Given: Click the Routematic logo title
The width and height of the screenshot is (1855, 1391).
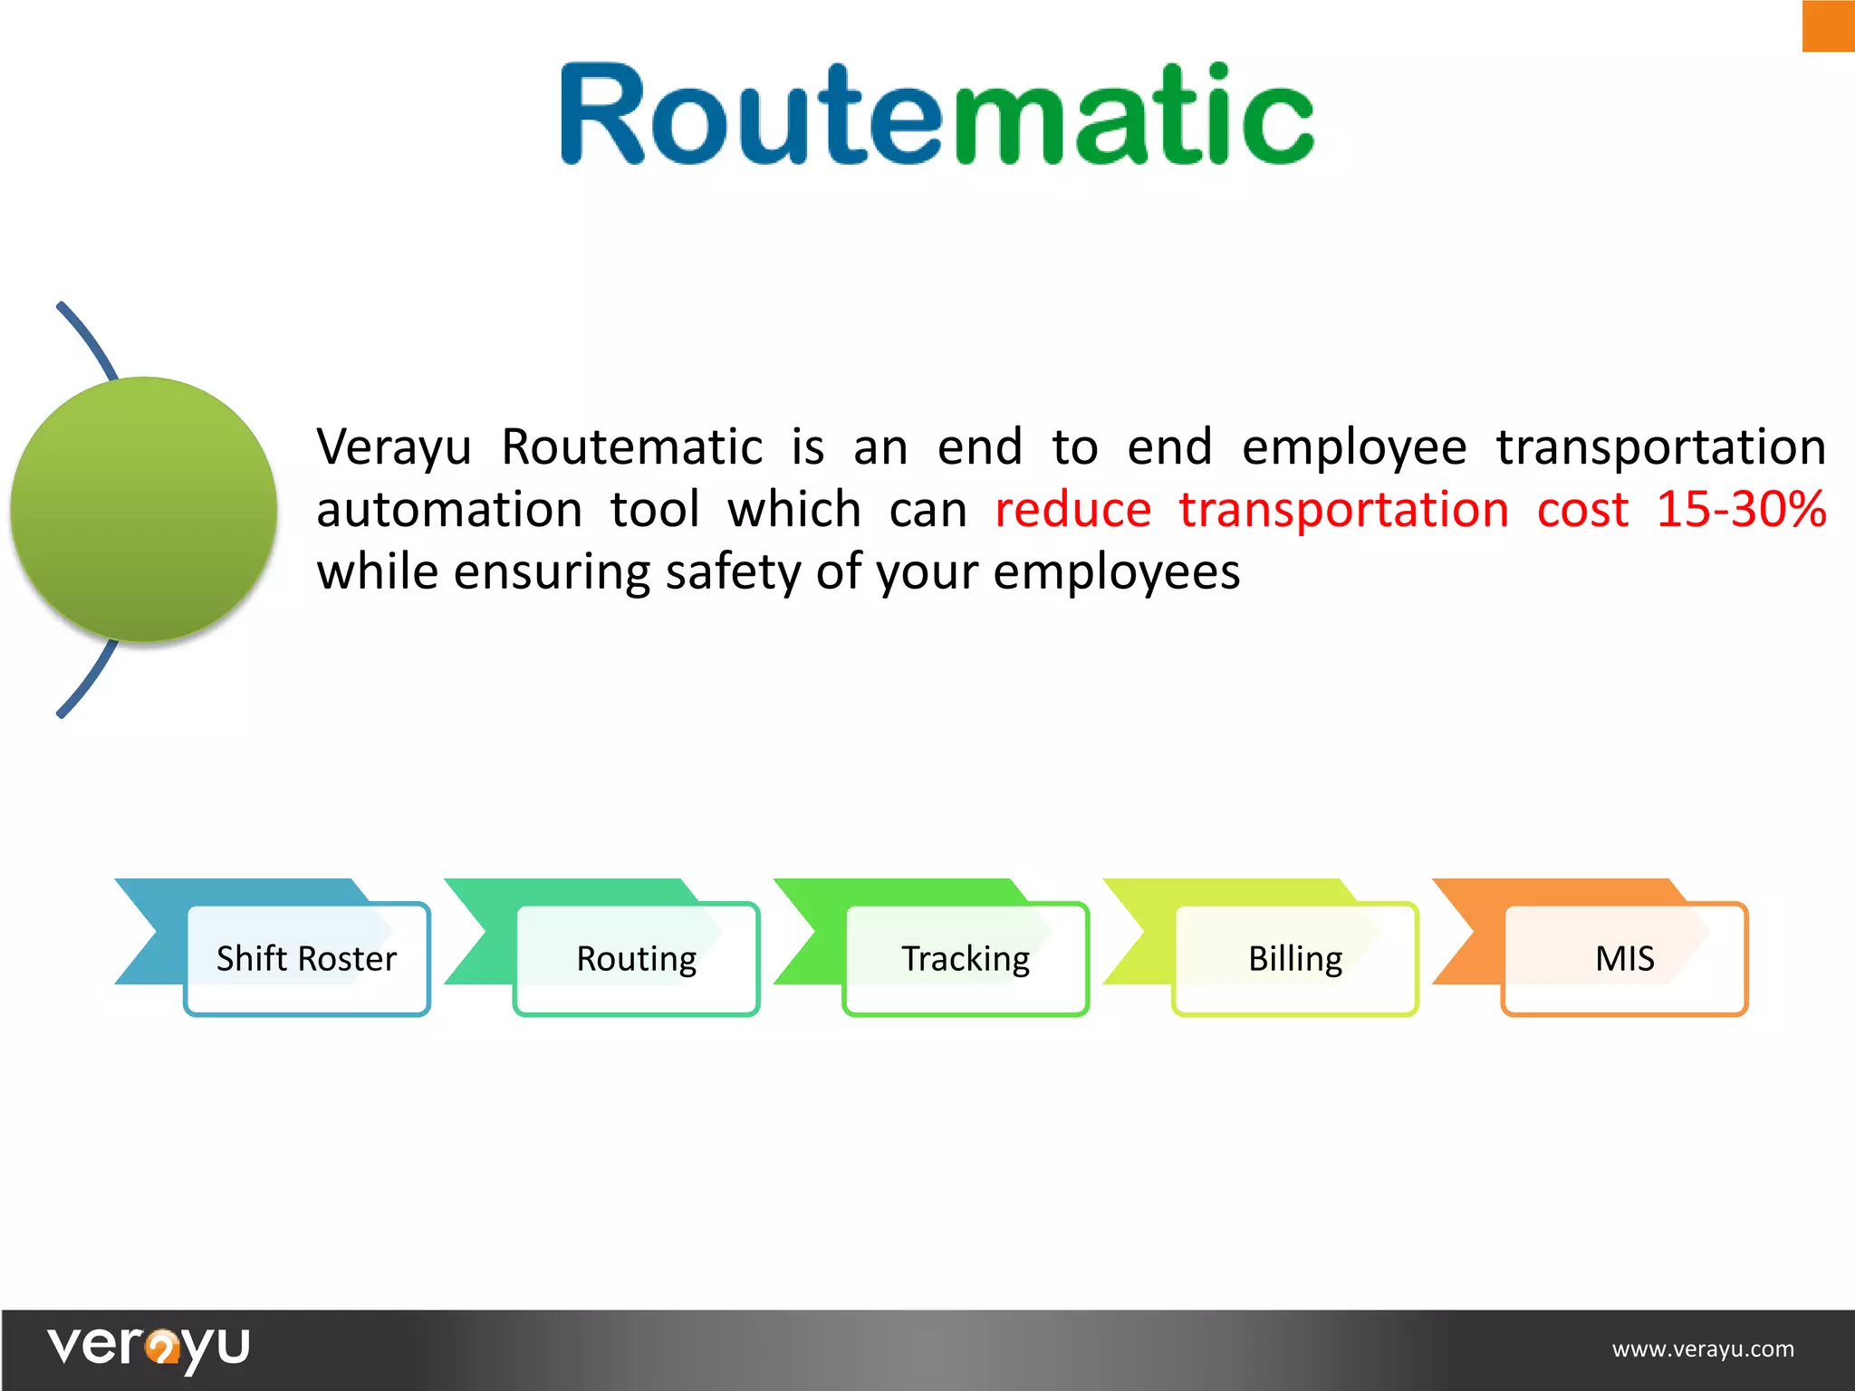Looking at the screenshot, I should [937, 115].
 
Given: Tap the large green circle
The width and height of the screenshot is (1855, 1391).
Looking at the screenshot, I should [143, 509].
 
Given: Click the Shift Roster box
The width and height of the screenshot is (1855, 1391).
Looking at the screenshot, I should [306, 958].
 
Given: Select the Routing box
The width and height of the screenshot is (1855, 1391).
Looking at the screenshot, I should [636, 958].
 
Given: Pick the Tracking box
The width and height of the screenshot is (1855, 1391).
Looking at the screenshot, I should [966, 958].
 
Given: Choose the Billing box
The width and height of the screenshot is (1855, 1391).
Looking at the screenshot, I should [1295, 958].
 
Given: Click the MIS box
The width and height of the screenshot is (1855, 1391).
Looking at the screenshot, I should [1625, 958].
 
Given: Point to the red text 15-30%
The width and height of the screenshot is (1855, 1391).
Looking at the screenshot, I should [1740, 509].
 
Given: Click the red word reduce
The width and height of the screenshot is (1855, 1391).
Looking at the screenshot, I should [1072, 510].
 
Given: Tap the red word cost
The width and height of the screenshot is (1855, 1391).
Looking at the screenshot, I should [1581, 510].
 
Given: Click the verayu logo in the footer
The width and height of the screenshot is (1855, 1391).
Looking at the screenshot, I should [149, 1348].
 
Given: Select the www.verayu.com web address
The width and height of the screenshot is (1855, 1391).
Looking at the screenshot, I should [1702, 1349].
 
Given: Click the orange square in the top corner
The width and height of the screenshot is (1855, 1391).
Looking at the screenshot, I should [1828, 25].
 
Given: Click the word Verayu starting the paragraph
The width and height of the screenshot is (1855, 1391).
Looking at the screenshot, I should [394, 447].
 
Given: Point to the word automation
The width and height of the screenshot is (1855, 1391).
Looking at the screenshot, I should [449, 510].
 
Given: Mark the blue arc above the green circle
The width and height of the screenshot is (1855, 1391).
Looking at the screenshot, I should [88, 340].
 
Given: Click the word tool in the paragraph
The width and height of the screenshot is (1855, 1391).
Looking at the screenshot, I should [654, 510].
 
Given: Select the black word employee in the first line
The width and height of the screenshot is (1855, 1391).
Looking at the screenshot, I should [1353, 447].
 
